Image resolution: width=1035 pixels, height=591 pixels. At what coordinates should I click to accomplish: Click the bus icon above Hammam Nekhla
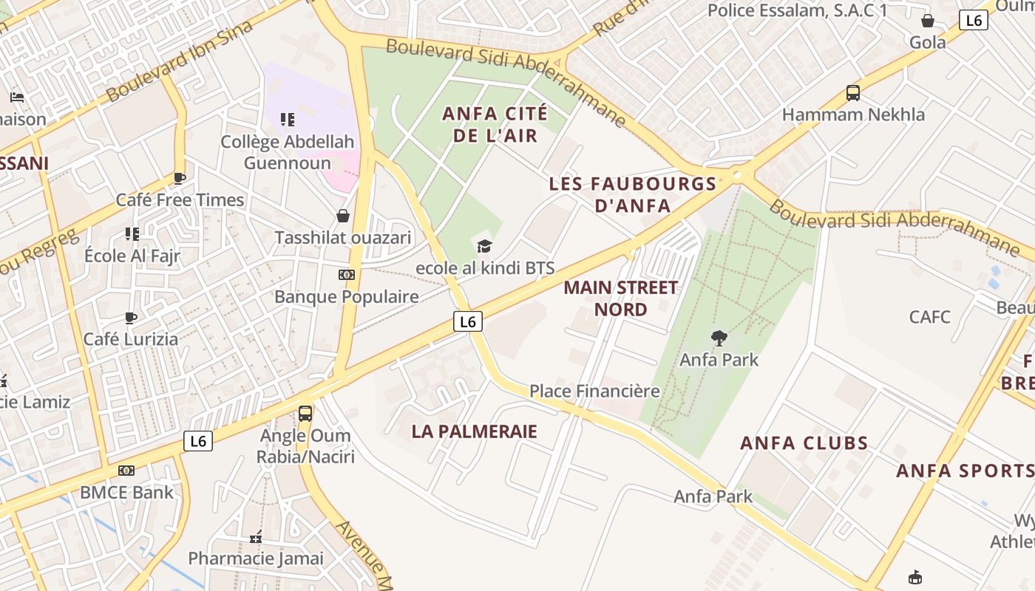click(x=853, y=93)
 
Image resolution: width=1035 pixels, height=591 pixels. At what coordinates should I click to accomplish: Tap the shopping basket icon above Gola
click(x=927, y=21)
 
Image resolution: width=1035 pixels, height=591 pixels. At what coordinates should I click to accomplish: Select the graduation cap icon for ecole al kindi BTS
click(x=484, y=246)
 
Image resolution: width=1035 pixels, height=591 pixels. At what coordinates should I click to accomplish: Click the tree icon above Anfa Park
click(x=719, y=338)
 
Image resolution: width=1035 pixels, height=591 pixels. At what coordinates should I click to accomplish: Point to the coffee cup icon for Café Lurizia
click(x=131, y=318)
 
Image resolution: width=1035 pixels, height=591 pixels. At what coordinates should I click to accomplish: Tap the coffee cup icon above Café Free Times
click(x=179, y=178)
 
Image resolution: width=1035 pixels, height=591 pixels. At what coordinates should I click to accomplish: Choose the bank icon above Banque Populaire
click(x=346, y=275)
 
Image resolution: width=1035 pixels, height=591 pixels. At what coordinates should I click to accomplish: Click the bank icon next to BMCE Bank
click(x=126, y=471)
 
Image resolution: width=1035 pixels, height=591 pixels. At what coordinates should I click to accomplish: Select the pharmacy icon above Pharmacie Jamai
click(x=256, y=537)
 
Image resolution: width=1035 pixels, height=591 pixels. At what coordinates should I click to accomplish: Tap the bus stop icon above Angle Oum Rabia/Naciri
click(x=305, y=414)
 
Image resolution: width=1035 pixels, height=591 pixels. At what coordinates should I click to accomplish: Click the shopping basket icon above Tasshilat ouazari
click(x=343, y=216)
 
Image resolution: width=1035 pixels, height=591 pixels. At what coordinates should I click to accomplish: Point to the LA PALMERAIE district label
click(x=474, y=431)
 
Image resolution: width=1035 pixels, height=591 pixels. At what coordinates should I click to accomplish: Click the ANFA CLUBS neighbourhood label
click(x=804, y=443)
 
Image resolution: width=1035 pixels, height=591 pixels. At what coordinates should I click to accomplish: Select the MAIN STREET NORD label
click(x=620, y=298)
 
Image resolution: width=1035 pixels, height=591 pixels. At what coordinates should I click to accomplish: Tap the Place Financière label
click(x=594, y=391)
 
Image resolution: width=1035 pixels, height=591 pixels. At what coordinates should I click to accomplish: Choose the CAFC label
click(x=929, y=317)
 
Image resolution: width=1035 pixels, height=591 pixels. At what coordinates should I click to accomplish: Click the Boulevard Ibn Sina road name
click(x=180, y=61)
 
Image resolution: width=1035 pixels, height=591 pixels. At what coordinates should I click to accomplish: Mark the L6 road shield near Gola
click(x=973, y=20)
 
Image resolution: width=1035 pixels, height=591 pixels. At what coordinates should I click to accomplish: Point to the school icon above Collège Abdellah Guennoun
click(x=288, y=120)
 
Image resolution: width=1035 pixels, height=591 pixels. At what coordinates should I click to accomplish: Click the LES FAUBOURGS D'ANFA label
click(x=633, y=194)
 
